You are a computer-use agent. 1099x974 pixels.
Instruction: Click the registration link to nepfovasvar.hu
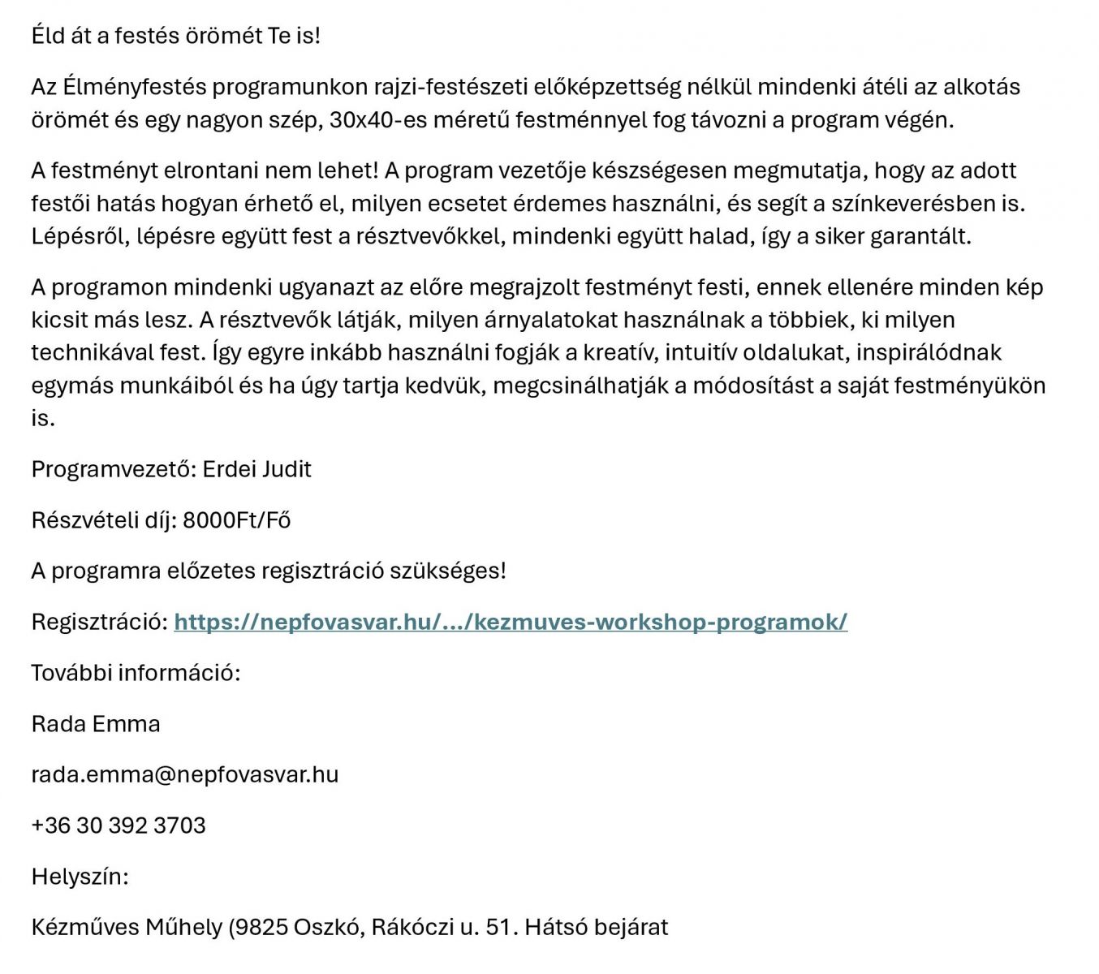[511, 622]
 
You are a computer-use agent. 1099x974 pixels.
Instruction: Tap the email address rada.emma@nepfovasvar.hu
[185, 774]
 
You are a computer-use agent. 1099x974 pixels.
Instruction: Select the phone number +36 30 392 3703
[119, 825]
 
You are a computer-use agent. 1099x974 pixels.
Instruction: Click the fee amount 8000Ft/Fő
[236, 520]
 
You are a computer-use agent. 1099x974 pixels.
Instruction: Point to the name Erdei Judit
[256, 469]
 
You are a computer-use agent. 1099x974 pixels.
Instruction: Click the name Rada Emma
[96, 724]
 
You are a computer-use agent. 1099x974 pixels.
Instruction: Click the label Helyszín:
[80, 877]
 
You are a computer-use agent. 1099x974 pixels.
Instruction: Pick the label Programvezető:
[114, 469]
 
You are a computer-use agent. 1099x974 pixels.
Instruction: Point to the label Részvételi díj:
[104, 520]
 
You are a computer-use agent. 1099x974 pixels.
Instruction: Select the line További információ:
[136, 673]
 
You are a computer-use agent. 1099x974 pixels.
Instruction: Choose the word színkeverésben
[914, 203]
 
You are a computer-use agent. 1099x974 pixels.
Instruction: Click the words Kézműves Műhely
[127, 927]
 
